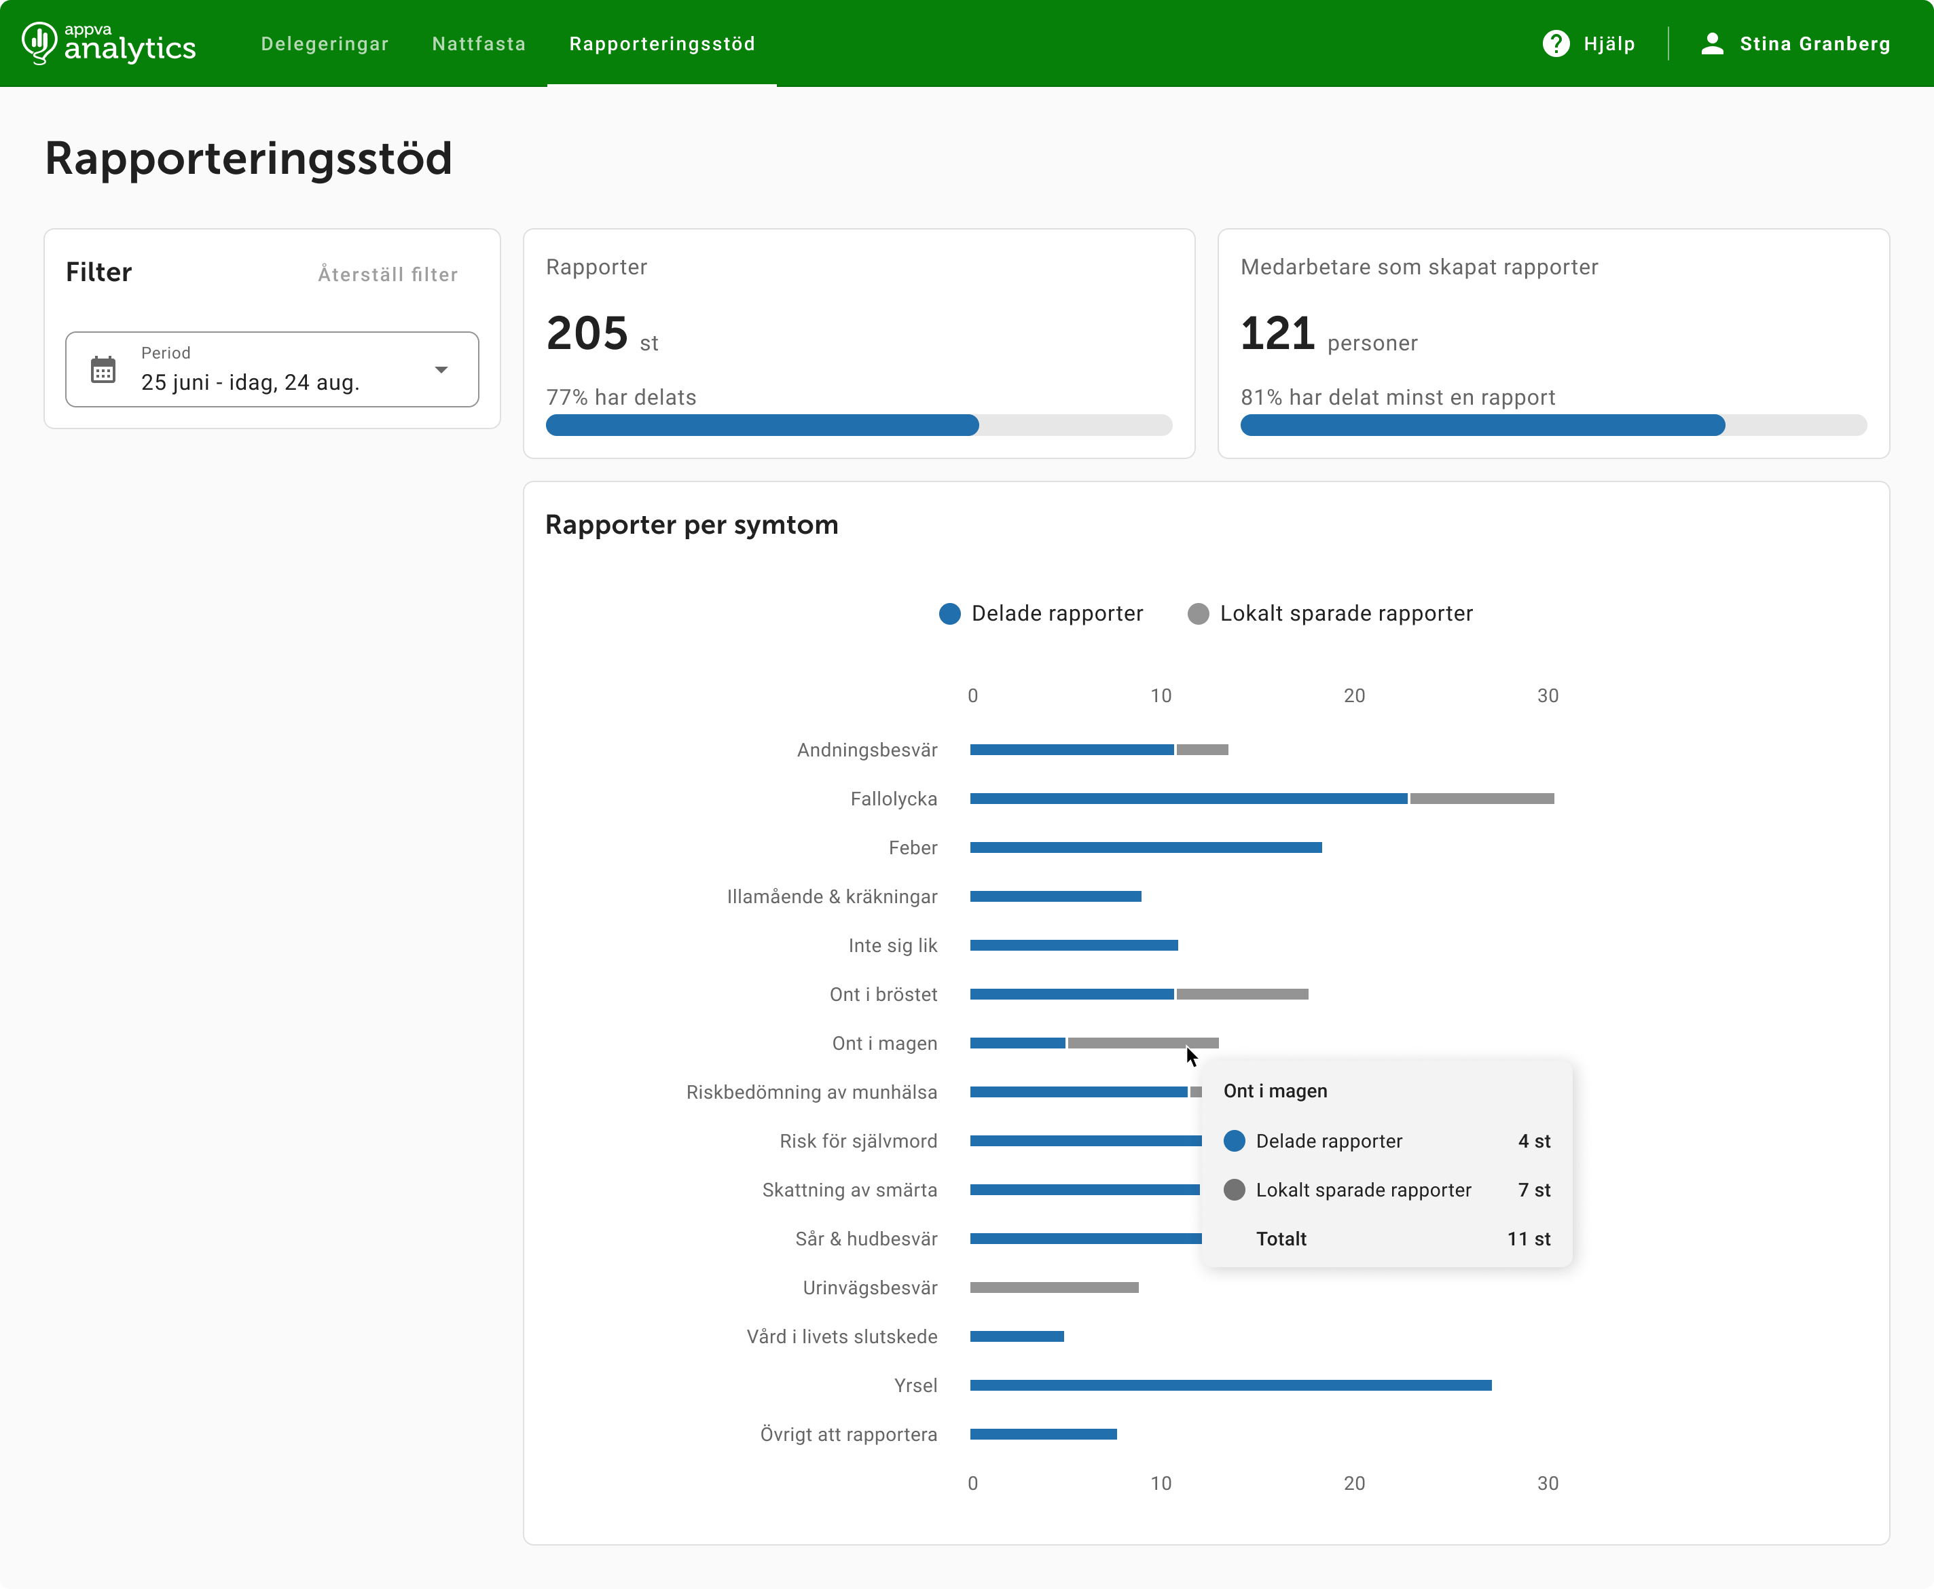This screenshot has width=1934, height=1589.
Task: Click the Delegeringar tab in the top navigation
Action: click(x=324, y=44)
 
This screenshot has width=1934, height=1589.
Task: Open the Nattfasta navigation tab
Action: click(x=479, y=44)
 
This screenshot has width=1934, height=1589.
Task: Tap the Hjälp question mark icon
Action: click(x=1556, y=44)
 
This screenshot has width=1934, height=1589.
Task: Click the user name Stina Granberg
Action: click(x=1814, y=44)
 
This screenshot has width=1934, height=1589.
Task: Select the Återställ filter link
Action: click(x=388, y=274)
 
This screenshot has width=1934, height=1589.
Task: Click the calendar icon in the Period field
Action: click(x=103, y=370)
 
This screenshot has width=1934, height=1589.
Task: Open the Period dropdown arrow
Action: click(x=441, y=370)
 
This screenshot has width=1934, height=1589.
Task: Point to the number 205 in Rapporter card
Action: click(x=587, y=333)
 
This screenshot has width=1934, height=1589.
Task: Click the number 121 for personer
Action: click(x=1278, y=333)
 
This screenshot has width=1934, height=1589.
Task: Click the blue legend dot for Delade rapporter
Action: click(x=950, y=613)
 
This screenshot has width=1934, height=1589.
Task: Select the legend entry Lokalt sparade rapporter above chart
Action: click(x=1330, y=613)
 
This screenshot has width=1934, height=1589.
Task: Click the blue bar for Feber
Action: click(x=1146, y=847)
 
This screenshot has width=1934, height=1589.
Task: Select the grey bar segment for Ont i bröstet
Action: click(x=1242, y=994)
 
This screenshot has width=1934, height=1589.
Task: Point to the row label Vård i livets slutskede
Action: click(x=842, y=1336)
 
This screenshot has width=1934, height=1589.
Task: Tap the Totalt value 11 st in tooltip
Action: click(x=1529, y=1239)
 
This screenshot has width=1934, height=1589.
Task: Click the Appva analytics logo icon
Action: click(x=39, y=43)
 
